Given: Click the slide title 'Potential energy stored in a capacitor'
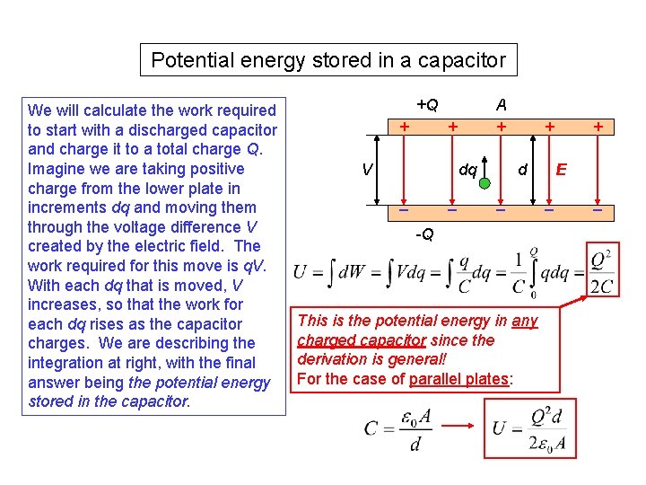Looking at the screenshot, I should (x=328, y=61).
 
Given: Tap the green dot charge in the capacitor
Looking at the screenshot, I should (x=484, y=184).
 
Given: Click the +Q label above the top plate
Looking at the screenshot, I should (x=427, y=105).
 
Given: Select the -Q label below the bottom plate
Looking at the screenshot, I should (x=424, y=234).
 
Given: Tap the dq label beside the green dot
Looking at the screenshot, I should (x=467, y=168).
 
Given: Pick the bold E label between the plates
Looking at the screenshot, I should (x=561, y=168).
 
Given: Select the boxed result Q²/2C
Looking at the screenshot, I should (x=602, y=272).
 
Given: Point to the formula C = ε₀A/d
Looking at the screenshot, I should (x=398, y=428).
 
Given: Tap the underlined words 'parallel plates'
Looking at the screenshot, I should (x=458, y=379).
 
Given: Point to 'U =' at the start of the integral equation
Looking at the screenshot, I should (x=310, y=272).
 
